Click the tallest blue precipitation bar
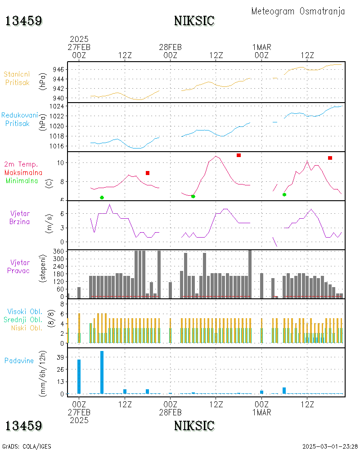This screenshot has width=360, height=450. [x=102, y=372]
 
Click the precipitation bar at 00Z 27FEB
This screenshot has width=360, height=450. [x=79, y=377]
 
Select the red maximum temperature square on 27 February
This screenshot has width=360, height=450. [x=148, y=173]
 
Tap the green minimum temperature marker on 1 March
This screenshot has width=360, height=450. [x=284, y=194]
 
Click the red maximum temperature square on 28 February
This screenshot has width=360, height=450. [x=238, y=155]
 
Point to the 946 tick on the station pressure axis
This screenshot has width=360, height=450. [x=58, y=69]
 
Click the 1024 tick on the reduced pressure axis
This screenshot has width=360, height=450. [x=57, y=106]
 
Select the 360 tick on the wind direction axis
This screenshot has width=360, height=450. [x=58, y=252]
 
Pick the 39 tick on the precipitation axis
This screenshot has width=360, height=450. [x=61, y=357]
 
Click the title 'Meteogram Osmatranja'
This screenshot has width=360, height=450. [x=298, y=11]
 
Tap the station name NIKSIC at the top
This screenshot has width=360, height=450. [x=194, y=21]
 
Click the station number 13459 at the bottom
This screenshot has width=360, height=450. [x=24, y=426]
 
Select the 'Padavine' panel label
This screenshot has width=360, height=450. [x=19, y=361]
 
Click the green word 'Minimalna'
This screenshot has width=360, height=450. [x=22, y=181]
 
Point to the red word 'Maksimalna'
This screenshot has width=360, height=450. [x=23, y=173]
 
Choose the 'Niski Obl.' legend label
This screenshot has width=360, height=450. [x=27, y=328]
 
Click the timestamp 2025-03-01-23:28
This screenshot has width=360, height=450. [x=329, y=446]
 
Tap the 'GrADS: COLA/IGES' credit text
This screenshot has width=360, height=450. [x=27, y=446]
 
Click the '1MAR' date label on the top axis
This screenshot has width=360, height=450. [x=261, y=47]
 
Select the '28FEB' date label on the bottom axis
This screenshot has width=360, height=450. [x=170, y=412]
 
